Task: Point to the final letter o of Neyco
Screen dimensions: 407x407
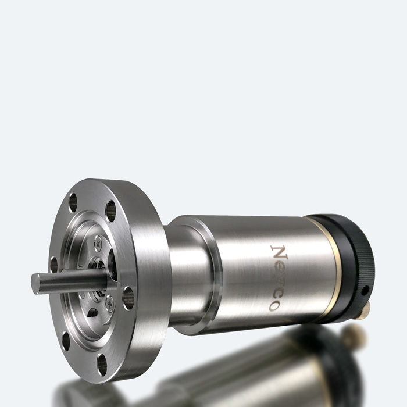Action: pyautogui.click(x=273, y=305)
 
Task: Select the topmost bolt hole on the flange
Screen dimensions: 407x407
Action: pyautogui.click(x=73, y=202)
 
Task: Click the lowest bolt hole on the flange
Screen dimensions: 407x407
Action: pyautogui.click(x=102, y=364)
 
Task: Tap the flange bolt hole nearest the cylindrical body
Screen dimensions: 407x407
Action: pyautogui.click(x=128, y=298)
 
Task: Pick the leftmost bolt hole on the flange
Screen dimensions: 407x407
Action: pyautogui.click(x=53, y=265)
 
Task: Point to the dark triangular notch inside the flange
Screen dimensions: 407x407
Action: pyautogui.click(x=93, y=312)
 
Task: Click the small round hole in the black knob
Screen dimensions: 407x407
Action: pyautogui.click(x=365, y=289)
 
